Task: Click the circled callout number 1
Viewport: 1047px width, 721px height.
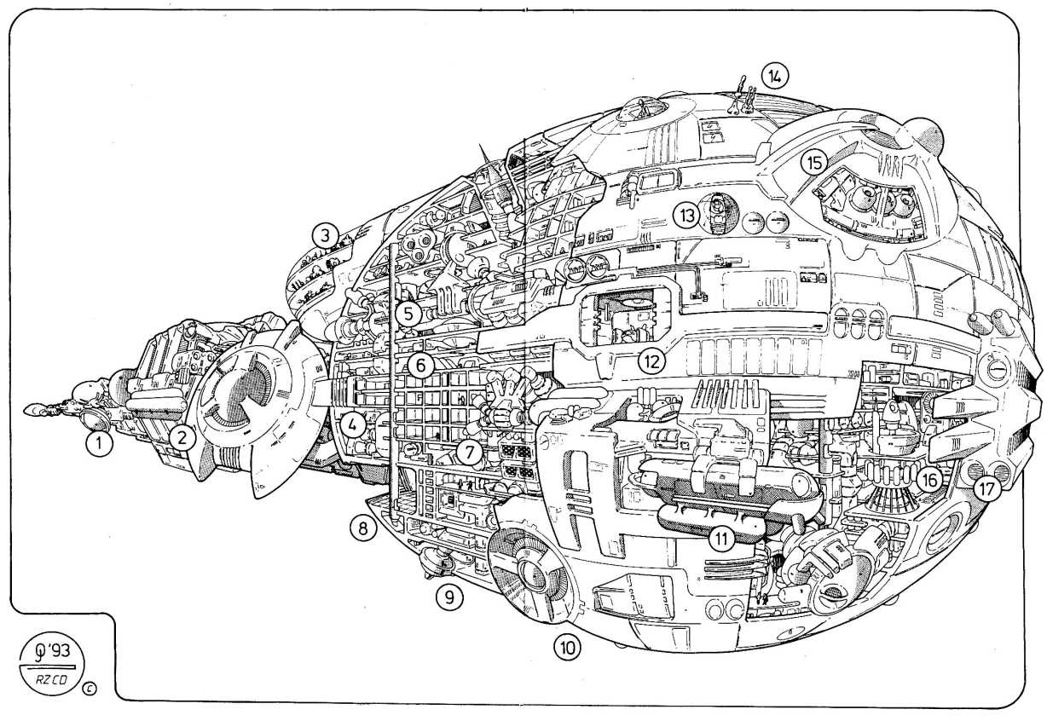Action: tap(100, 442)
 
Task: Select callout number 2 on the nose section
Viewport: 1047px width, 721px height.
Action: tap(181, 437)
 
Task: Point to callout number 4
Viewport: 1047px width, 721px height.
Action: tap(354, 423)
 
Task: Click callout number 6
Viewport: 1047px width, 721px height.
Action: tap(419, 366)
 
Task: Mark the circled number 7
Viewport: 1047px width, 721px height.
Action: tap(467, 452)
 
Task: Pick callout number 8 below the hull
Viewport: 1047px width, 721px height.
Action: tap(362, 528)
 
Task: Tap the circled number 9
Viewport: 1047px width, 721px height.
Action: tap(448, 597)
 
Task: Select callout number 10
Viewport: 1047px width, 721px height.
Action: tap(567, 647)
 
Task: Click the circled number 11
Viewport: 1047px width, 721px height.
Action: tap(723, 538)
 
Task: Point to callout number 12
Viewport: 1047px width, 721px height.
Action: tap(651, 360)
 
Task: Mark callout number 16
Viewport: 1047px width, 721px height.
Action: tap(929, 481)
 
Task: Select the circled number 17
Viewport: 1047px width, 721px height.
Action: tap(987, 489)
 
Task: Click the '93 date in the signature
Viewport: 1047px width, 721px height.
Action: tap(61, 649)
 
